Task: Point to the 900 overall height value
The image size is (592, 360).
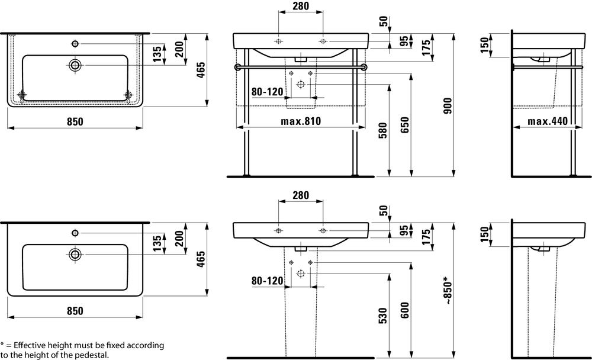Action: (448, 104)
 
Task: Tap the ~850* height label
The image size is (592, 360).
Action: (448, 290)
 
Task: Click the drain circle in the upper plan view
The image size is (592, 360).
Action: (75, 65)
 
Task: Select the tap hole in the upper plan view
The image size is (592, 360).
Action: (75, 43)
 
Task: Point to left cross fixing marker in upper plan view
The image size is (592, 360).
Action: (23, 95)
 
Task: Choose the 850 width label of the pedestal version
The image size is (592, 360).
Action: (75, 311)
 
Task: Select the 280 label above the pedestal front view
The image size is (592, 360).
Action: (300, 195)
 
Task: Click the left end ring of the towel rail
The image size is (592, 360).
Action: (237, 67)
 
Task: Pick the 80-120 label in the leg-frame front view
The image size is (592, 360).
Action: (267, 92)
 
